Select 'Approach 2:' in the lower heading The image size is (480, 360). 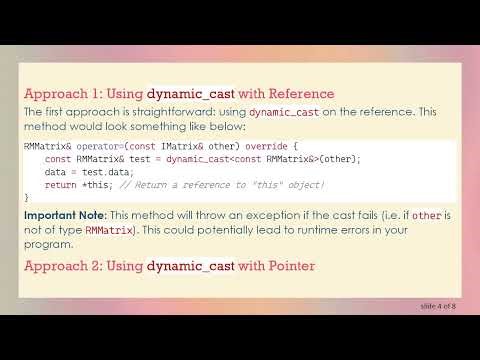[62, 265]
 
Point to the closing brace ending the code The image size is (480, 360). [27, 198]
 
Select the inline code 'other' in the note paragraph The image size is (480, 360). [425, 216]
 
